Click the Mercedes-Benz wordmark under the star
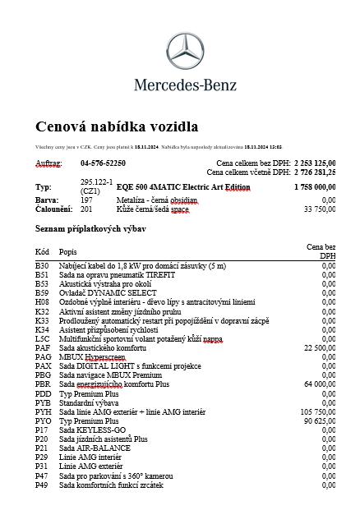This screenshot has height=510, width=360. pos(185,84)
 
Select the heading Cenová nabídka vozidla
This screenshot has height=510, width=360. pos(116,126)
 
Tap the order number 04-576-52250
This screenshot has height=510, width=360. pos(103,163)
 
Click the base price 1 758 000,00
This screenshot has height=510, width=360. pos(315,187)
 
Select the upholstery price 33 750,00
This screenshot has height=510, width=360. pos(320,209)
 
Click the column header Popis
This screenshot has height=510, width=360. pos(68,250)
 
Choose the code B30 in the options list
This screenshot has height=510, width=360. pos(42,266)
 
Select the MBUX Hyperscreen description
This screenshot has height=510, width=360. pos(96,357)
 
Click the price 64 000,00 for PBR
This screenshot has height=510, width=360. pos(320,384)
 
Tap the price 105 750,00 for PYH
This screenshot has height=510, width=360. pos(318,411)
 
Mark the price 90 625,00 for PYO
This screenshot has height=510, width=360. pos(320,420)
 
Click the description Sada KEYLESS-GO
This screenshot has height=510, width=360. pos(92,430)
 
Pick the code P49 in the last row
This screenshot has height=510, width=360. pos(42,485)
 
